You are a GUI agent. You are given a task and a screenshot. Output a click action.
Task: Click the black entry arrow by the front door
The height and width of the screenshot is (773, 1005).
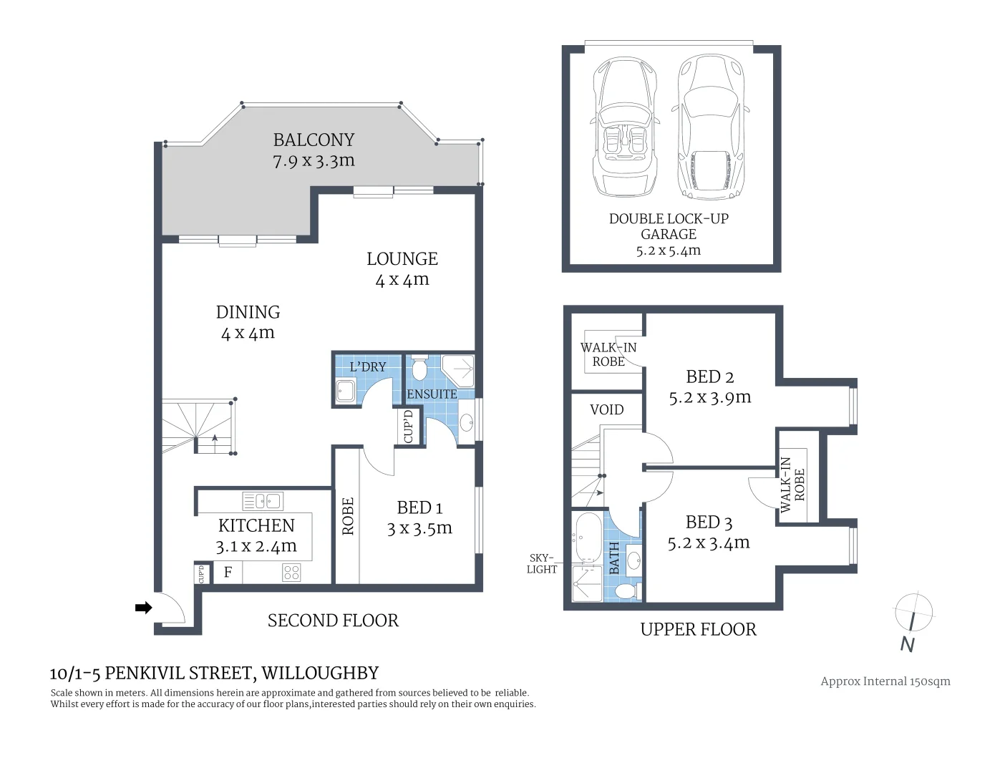click(143, 608)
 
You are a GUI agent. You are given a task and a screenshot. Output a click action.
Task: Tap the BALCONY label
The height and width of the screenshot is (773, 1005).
click(314, 140)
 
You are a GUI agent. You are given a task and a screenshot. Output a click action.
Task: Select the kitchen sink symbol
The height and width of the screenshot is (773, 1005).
click(262, 501)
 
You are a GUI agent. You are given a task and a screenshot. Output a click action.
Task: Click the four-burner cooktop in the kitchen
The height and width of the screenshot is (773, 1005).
click(291, 573)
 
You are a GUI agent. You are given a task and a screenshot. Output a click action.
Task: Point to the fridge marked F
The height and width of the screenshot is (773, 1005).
click(228, 573)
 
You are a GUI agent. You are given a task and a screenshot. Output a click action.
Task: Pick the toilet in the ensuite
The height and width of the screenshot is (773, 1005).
click(419, 366)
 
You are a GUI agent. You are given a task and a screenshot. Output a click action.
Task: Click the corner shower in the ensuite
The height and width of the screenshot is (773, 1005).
click(458, 370)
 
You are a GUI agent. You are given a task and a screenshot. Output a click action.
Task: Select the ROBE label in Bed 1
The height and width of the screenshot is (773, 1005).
click(348, 517)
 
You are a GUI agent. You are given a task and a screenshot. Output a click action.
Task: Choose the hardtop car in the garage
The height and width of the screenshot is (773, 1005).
click(710, 127)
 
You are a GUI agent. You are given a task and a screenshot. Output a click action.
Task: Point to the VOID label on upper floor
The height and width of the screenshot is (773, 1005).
click(607, 409)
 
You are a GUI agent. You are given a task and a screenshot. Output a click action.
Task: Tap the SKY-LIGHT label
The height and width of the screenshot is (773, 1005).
click(542, 563)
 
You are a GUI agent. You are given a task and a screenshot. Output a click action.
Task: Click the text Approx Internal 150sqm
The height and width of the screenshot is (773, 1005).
click(885, 681)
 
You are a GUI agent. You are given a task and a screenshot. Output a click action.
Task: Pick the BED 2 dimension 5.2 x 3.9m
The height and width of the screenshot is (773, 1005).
click(710, 397)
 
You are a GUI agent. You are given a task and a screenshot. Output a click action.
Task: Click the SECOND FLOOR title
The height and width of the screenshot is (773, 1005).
click(333, 621)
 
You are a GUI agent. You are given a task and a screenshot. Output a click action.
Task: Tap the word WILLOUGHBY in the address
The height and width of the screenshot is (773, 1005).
click(320, 673)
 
